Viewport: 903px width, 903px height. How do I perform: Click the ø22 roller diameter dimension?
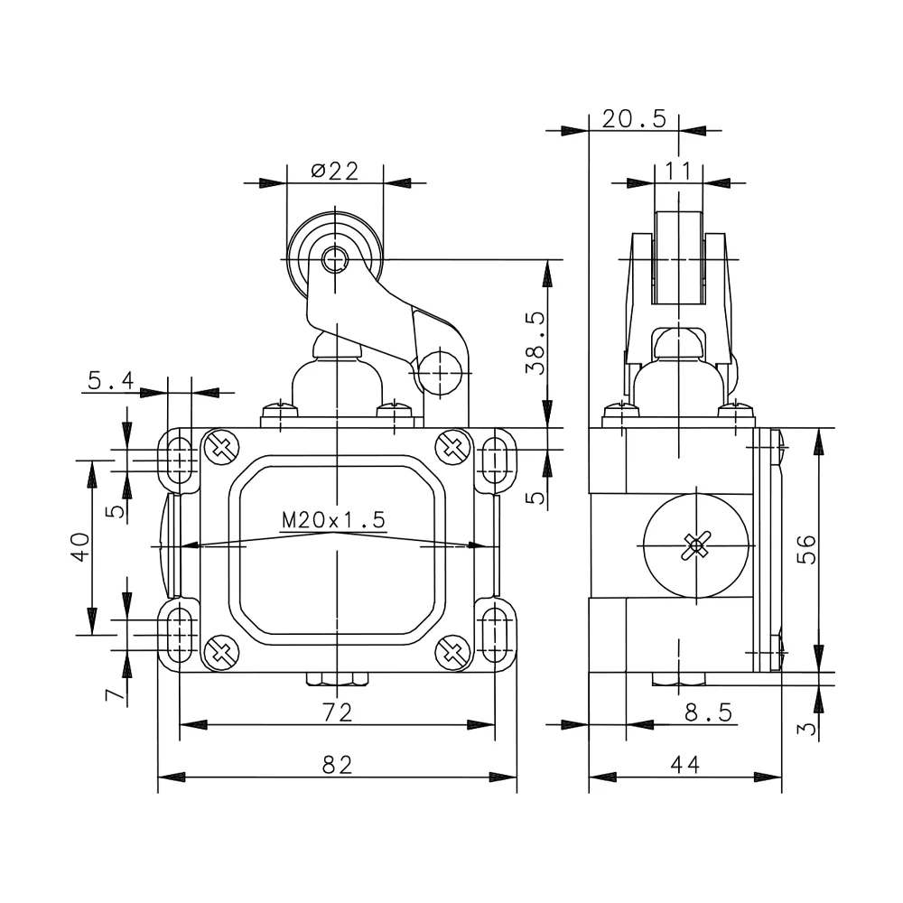pyautogui.click(x=335, y=171)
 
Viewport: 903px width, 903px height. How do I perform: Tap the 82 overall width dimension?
pyautogui.click(x=338, y=764)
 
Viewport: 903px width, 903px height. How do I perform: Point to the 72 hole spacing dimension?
pyautogui.click(x=338, y=712)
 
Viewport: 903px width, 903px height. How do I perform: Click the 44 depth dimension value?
pyautogui.click(x=685, y=764)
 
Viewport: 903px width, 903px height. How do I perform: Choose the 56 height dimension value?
pyautogui.click(x=807, y=549)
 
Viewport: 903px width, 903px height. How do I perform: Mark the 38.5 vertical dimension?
pyautogui.click(x=535, y=343)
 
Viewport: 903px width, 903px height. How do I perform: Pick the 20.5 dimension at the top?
pyautogui.click(x=634, y=119)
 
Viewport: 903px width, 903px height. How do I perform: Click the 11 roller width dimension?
pyautogui.click(x=678, y=171)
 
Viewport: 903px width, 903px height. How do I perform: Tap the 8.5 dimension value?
pyautogui.click(x=709, y=712)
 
